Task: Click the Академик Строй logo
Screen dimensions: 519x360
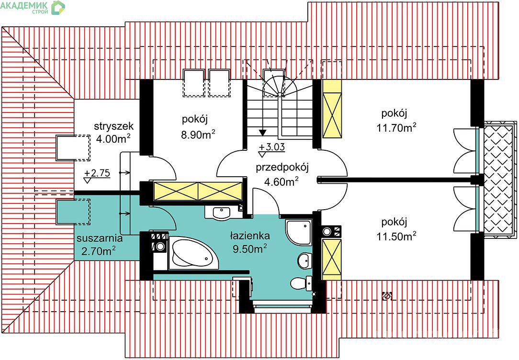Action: tap(33, 7)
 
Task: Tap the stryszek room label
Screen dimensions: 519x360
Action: tap(109, 126)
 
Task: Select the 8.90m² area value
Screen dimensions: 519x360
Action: tap(198, 135)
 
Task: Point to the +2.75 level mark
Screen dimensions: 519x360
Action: tap(97, 175)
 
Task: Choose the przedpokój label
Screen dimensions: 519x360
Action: tap(282, 168)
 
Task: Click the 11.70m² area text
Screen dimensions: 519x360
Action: tap(396, 127)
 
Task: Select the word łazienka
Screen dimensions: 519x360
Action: tap(250, 236)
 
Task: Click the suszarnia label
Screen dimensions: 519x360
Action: tap(100, 238)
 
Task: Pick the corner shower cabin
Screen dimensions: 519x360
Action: tap(299, 233)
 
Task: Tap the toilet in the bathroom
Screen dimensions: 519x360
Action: tap(301, 283)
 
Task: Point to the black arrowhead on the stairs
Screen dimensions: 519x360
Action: tap(262, 133)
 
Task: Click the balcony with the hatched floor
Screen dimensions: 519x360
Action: tap(499, 180)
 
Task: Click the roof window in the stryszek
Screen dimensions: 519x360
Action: tap(73, 147)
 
